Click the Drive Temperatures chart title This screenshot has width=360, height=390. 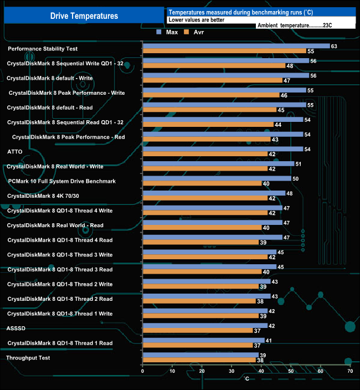coord(84,16)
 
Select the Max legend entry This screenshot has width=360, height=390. coord(168,32)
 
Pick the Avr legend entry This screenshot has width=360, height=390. coord(193,32)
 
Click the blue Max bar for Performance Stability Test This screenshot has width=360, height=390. coord(236,46)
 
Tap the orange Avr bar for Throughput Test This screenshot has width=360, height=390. coord(199,360)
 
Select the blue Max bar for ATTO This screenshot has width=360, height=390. coord(223,149)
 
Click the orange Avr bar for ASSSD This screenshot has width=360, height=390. coord(197,331)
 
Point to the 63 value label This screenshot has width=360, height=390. coord(334,46)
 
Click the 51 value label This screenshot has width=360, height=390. coord(299,163)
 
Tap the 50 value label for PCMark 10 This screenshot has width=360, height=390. coord(295,178)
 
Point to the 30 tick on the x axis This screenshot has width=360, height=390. coord(232,371)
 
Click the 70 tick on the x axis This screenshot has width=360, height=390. coord(349,371)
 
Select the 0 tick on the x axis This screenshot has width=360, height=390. coord(143,371)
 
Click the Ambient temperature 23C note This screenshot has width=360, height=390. coord(294,25)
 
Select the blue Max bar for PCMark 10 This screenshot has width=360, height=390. coord(217,178)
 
